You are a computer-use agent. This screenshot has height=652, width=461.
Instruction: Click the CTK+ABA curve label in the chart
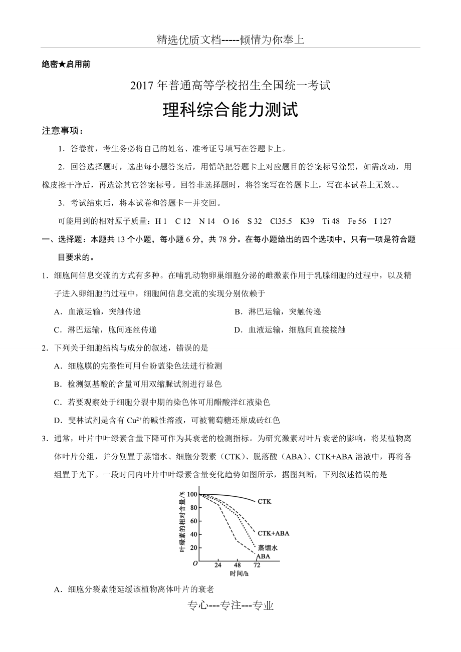(x=273, y=533)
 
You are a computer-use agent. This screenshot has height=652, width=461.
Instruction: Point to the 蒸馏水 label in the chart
(x=267, y=548)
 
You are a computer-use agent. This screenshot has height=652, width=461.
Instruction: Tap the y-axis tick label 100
(x=192, y=494)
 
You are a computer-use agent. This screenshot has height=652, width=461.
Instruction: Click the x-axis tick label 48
(x=237, y=565)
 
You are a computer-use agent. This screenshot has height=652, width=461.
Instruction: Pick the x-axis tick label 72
(x=257, y=565)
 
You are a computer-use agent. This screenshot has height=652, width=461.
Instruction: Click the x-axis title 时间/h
(x=239, y=573)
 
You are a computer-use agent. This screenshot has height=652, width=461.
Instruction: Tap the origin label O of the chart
(x=195, y=564)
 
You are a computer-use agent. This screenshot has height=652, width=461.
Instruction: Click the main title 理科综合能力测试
(x=230, y=110)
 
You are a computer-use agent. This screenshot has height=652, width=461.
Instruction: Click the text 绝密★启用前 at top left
(x=66, y=64)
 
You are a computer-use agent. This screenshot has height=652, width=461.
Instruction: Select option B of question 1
(x=278, y=311)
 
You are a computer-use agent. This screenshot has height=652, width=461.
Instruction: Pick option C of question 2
(x=162, y=402)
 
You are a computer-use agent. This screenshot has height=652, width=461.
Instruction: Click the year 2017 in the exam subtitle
(x=140, y=86)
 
